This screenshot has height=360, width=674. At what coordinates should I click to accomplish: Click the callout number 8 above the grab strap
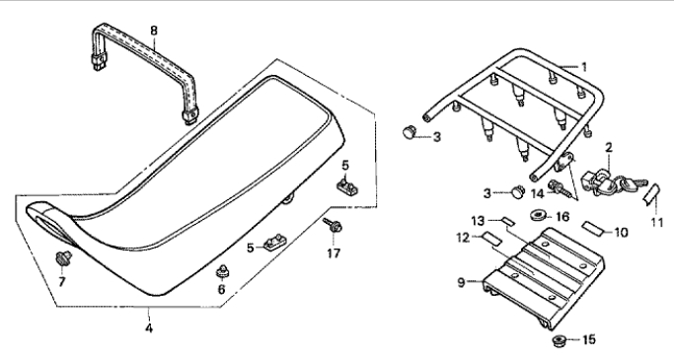coord(154,31)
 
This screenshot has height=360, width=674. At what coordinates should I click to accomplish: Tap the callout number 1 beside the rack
coord(584,67)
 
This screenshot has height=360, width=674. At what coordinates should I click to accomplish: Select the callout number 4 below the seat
coord(148,328)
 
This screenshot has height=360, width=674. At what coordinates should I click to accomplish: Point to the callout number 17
coord(334,253)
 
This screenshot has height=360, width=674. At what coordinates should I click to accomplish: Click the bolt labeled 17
coord(334,225)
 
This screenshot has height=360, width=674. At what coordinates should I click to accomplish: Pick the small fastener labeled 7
coord(63,258)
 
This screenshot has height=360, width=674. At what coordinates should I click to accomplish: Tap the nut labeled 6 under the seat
coord(222,271)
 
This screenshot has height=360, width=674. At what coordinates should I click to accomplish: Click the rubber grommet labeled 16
coord(538,215)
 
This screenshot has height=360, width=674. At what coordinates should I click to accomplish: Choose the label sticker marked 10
coord(592,227)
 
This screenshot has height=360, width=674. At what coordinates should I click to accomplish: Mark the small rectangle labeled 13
coord(509,222)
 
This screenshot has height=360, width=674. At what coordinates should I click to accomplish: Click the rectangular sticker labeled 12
coord(490,239)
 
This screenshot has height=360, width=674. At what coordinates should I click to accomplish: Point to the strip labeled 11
coord(651,194)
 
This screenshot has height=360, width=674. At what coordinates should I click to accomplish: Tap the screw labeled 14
coord(558,188)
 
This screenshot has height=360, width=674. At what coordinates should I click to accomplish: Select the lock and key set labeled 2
coord(607,181)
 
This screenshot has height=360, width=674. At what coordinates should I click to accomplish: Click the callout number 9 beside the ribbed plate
coord(461,283)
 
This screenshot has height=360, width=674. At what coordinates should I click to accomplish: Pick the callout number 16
coord(562,217)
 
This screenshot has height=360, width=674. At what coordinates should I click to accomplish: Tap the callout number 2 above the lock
coord(609,148)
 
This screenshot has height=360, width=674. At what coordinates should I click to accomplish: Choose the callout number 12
coord(463,238)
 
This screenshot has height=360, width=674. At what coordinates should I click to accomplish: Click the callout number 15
coord(589,340)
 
